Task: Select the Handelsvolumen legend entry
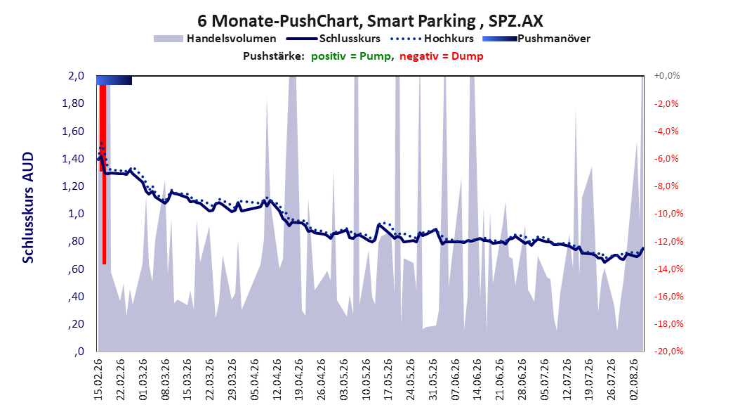(215, 39)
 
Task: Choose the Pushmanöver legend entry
(536, 39)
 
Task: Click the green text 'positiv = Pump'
(351, 56)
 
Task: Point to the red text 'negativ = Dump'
(442, 56)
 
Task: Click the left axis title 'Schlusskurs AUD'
(28, 207)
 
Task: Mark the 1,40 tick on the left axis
(73, 159)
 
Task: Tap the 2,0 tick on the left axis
(76, 76)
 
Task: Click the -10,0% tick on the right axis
(668, 214)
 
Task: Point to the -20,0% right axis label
(668, 352)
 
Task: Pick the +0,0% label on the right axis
(667, 76)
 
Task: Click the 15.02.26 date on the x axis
(98, 380)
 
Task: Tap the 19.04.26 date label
(299, 380)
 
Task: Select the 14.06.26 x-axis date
(477, 380)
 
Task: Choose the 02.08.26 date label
(634, 380)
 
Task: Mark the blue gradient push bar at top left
(114, 80)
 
